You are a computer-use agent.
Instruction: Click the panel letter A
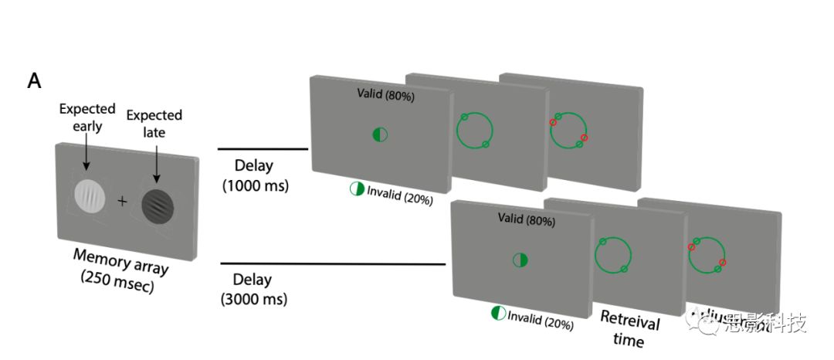click(x=34, y=81)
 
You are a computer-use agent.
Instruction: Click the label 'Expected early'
click(x=86, y=117)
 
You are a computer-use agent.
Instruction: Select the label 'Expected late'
click(x=154, y=124)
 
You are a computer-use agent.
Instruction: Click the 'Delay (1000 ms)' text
click(x=254, y=177)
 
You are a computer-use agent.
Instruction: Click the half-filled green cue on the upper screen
click(x=380, y=134)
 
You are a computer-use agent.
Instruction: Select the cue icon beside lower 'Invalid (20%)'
click(x=498, y=313)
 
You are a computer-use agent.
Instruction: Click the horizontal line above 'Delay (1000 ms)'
click(x=263, y=149)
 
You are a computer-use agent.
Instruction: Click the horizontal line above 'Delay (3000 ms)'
click(x=333, y=264)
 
